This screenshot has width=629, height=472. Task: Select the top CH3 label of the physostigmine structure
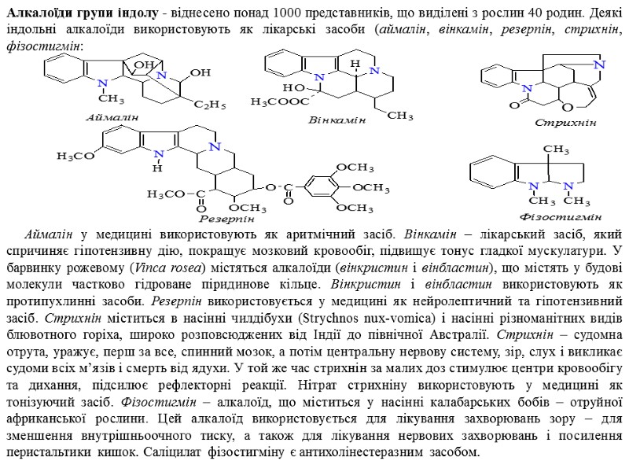pos(555,149)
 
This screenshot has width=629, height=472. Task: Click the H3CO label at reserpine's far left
pos(74,156)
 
